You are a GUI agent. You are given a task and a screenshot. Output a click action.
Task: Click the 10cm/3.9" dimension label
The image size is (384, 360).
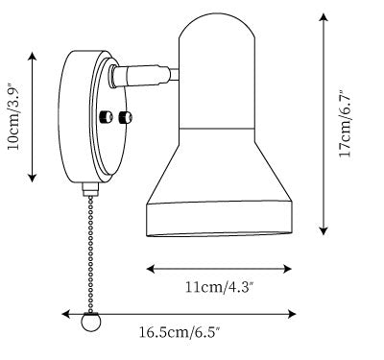[x=14, y=116]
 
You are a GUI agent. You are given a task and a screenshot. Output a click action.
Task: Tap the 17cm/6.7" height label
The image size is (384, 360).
[x=346, y=123]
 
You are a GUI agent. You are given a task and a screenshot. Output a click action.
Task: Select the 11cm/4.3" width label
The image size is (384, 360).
[x=220, y=287]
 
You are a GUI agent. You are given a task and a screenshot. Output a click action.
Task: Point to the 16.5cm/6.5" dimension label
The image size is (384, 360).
[x=180, y=332]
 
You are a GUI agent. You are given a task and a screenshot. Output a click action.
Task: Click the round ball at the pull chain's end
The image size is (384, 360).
[x=91, y=322]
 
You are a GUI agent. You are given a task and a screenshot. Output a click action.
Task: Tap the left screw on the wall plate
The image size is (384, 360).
[x=106, y=117]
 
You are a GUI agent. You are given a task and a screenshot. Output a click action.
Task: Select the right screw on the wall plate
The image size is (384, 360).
[x=125, y=117]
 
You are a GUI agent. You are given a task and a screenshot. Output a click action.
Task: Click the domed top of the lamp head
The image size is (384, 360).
[x=217, y=26]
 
